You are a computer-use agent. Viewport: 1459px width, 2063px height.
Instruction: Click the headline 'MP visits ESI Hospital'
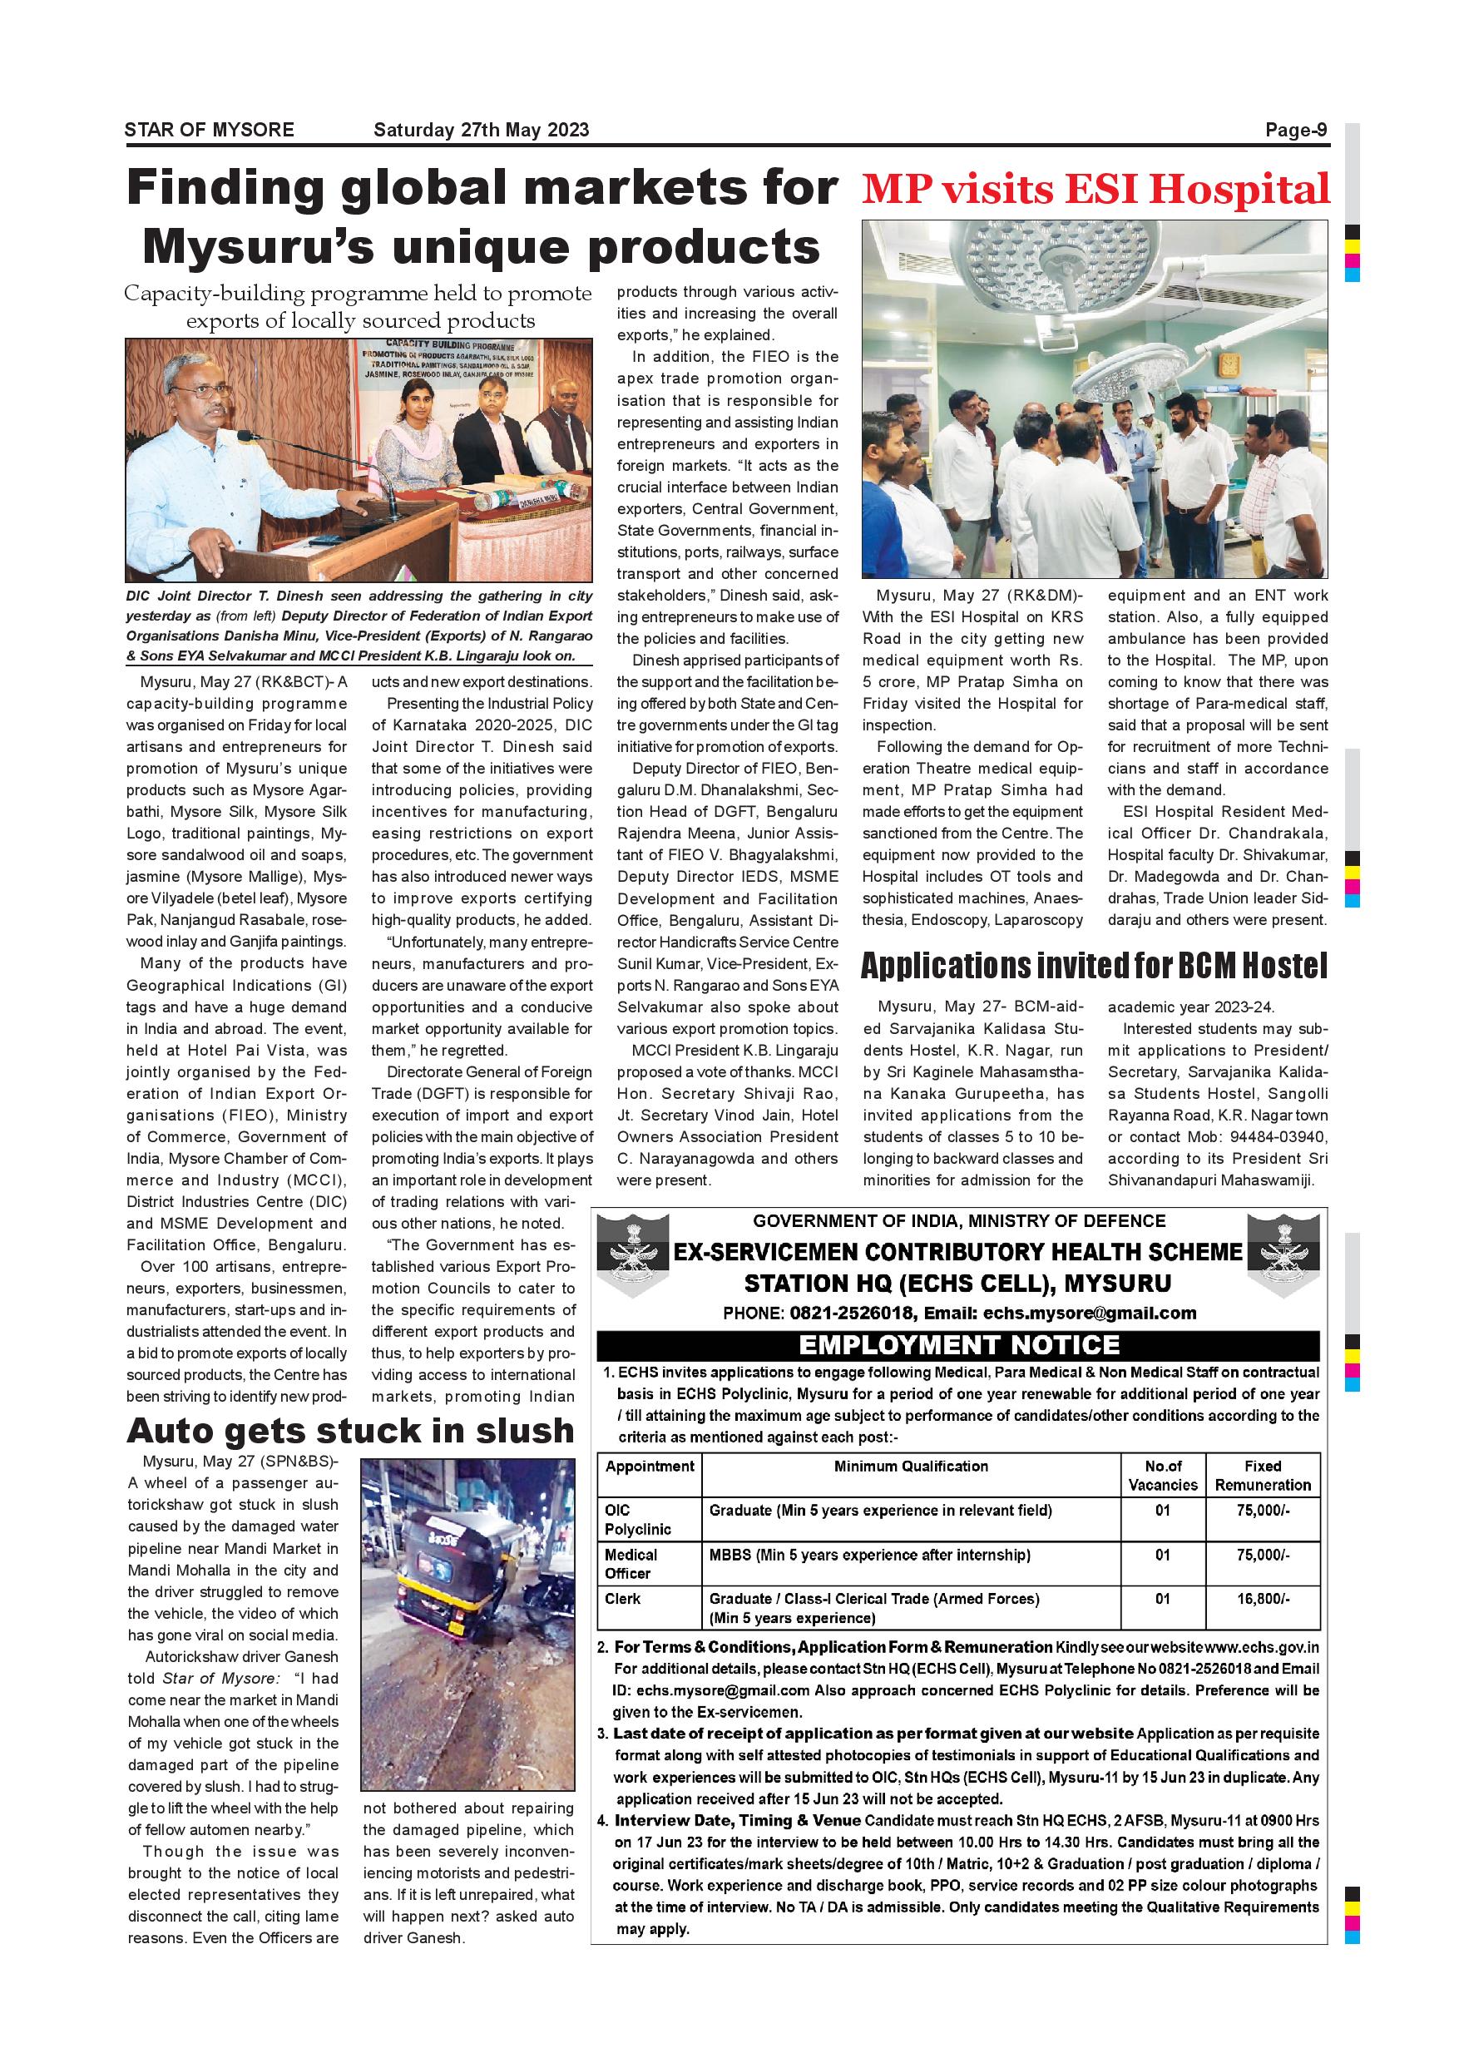[x=1095, y=190]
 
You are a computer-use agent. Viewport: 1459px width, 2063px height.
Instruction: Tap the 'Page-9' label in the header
[x=1295, y=131]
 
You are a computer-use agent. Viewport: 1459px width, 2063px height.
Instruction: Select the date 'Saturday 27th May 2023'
[x=481, y=131]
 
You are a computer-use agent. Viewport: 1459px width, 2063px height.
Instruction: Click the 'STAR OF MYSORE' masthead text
[x=210, y=131]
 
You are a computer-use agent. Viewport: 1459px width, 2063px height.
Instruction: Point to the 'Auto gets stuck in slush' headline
[x=350, y=1430]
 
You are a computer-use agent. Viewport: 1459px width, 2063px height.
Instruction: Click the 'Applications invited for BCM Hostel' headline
[x=1093, y=966]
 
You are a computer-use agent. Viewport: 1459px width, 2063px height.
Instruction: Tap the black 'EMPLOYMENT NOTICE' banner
[x=958, y=1345]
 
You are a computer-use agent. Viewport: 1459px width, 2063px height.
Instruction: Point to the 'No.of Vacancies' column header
[x=1163, y=1476]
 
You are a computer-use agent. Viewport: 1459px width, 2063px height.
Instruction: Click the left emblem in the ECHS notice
[x=632, y=1255]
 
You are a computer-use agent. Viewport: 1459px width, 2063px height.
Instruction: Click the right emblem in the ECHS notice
[x=1288, y=1255]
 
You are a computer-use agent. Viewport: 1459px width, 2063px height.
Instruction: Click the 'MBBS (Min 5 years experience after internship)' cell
[x=869, y=1555]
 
